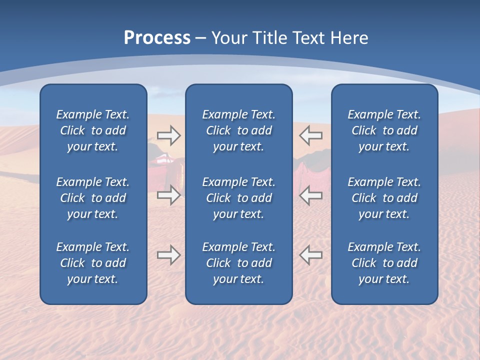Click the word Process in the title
click(x=157, y=38)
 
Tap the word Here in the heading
click(x=348, y=38)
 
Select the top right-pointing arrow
click(x=168, y=135)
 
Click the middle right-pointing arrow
click(x=168, y=195)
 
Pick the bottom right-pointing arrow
click(x=168, y=255)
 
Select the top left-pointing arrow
click(x=311, y=135)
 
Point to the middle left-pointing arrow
click(x=311, y=195)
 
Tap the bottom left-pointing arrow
click(x=311, y=255)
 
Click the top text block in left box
click(x=93, y=130)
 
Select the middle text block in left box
click(x=93, y=198)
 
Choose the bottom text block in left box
click(x=93, y=263)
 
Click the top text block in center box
click(x=238, y=130)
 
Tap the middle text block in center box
click(x=238, y=198)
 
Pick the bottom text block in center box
click(x=238, y=263)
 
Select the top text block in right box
click(x=384, y=130)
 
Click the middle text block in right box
click(x=384, y=198)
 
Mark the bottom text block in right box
click(x=384, y=263)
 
